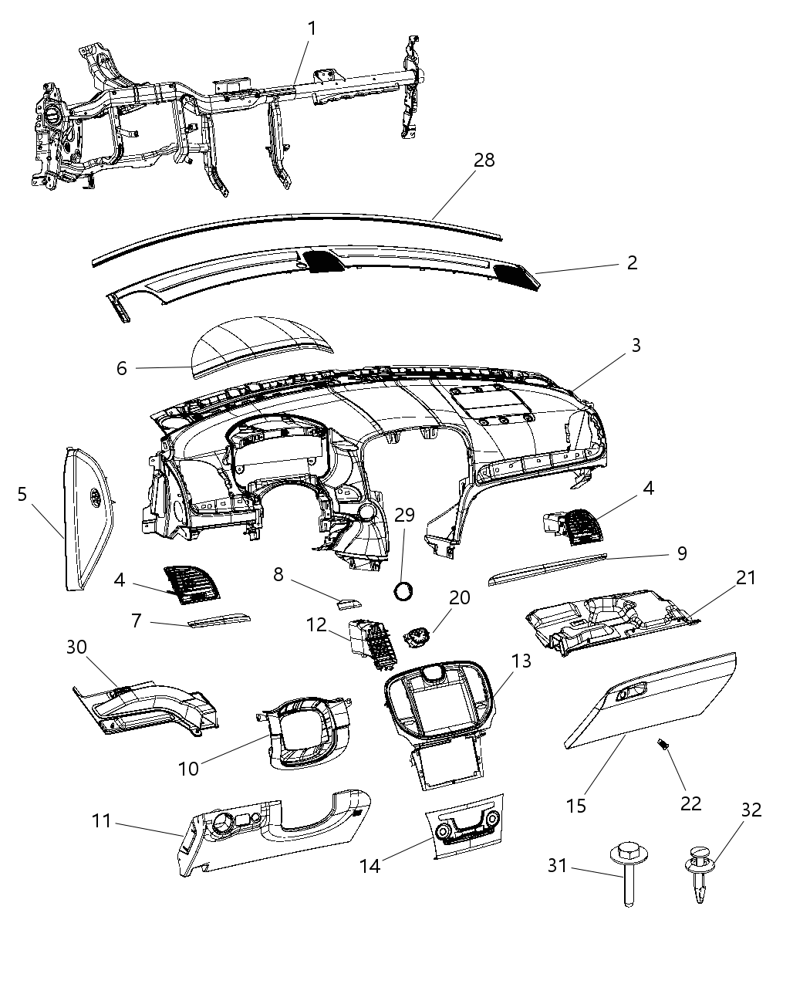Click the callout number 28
coord(484,160)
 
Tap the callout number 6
coord(122,368)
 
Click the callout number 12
coord(317,624)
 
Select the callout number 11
coord(102,820)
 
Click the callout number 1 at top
coord(312,29)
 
